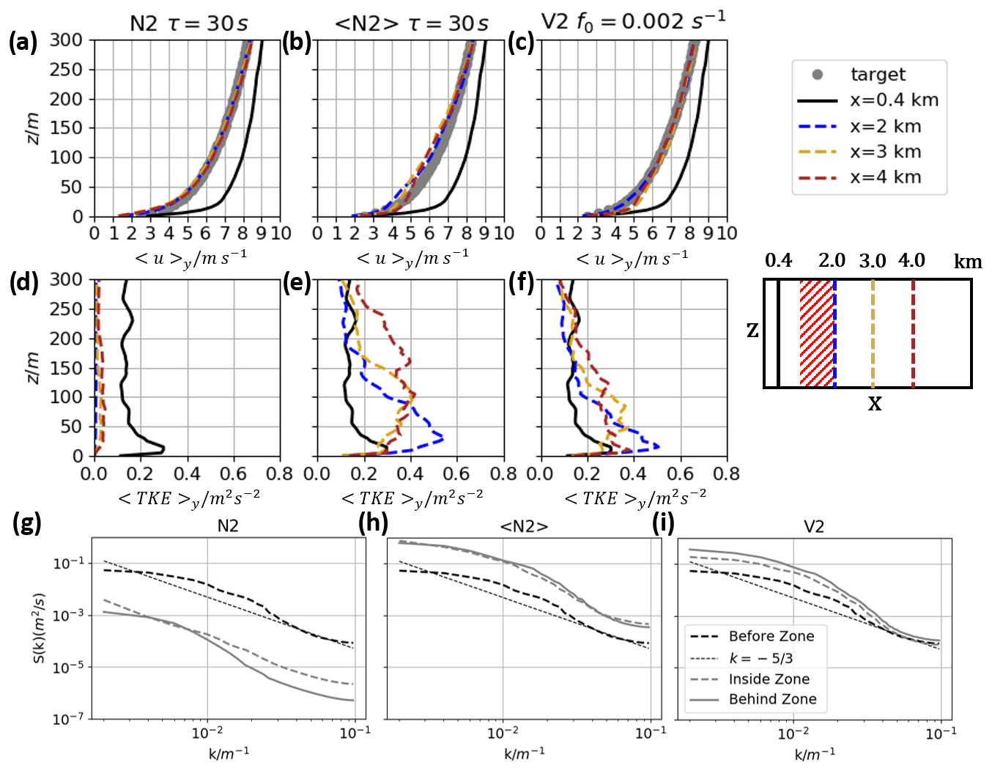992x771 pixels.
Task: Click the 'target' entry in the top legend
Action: [x=878, y=75]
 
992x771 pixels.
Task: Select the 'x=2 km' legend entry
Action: [x=885, y=126]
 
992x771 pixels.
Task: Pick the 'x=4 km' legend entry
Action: [x=885, y=177]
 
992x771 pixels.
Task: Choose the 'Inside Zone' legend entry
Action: [x=769, y=679]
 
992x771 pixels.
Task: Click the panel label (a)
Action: [x=23, y=43]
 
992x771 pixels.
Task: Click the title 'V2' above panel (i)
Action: [x=814, y=527]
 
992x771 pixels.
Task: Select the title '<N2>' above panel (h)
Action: [x=524, y=527]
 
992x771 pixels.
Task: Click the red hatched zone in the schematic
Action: [x=816, y=333]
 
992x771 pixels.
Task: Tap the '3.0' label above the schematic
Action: [x=872, y=261]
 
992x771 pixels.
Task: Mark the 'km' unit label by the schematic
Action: [x=967, y=262]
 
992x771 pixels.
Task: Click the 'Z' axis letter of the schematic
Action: [x=752, y=331]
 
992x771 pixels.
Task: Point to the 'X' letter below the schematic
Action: [x=875, y=404]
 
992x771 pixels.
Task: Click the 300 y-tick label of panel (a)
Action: [x=66, y=40]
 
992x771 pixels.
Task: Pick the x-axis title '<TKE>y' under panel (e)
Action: [x=412, y=499]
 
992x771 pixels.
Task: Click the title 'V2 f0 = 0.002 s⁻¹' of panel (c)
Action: [x=633, y=22]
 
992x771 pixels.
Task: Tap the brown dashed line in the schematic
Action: [x=913, y=333]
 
